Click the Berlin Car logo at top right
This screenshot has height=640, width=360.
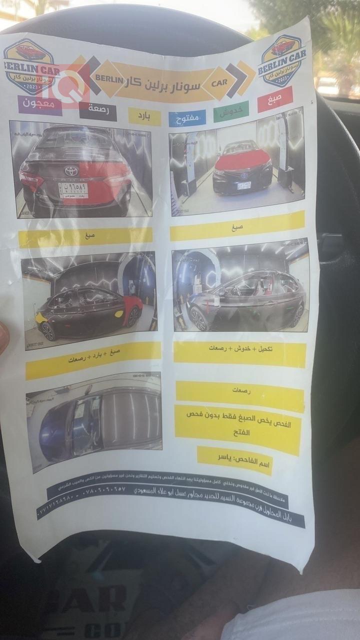coord(281,60)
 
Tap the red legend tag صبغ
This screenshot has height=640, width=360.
coord(274,99)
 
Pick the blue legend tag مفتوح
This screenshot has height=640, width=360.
coord(187,118)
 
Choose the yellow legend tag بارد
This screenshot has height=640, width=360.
coord(144,116)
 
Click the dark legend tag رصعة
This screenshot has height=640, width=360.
coord(98,111)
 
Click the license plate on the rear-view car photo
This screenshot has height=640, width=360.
coord(73,190)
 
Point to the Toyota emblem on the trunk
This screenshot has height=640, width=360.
coord(71,171)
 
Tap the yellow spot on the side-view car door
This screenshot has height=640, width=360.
coord(119,314)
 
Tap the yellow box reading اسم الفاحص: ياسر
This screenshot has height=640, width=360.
coord(234,460)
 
